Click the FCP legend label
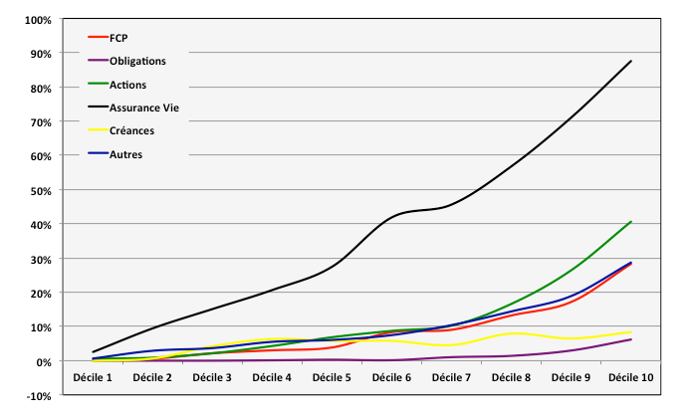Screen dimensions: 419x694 tap(118, 38)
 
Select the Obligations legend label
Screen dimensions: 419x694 tap(137, 61)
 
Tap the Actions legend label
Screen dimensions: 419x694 tap(127, 85)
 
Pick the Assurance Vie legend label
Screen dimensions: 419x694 tap(144, 107)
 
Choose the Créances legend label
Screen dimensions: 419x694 tap(131, 130)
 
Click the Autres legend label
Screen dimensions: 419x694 tap(125, 154)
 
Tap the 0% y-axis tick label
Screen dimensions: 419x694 tap(42, 361)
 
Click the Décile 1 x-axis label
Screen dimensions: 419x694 tap(94, 377)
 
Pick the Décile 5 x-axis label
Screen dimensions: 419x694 tap(333, 377)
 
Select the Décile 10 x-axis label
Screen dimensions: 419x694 tap(630, 377)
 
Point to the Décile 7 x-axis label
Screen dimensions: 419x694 tap(452, 377)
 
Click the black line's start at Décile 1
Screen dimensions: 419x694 tap(94, 352)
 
